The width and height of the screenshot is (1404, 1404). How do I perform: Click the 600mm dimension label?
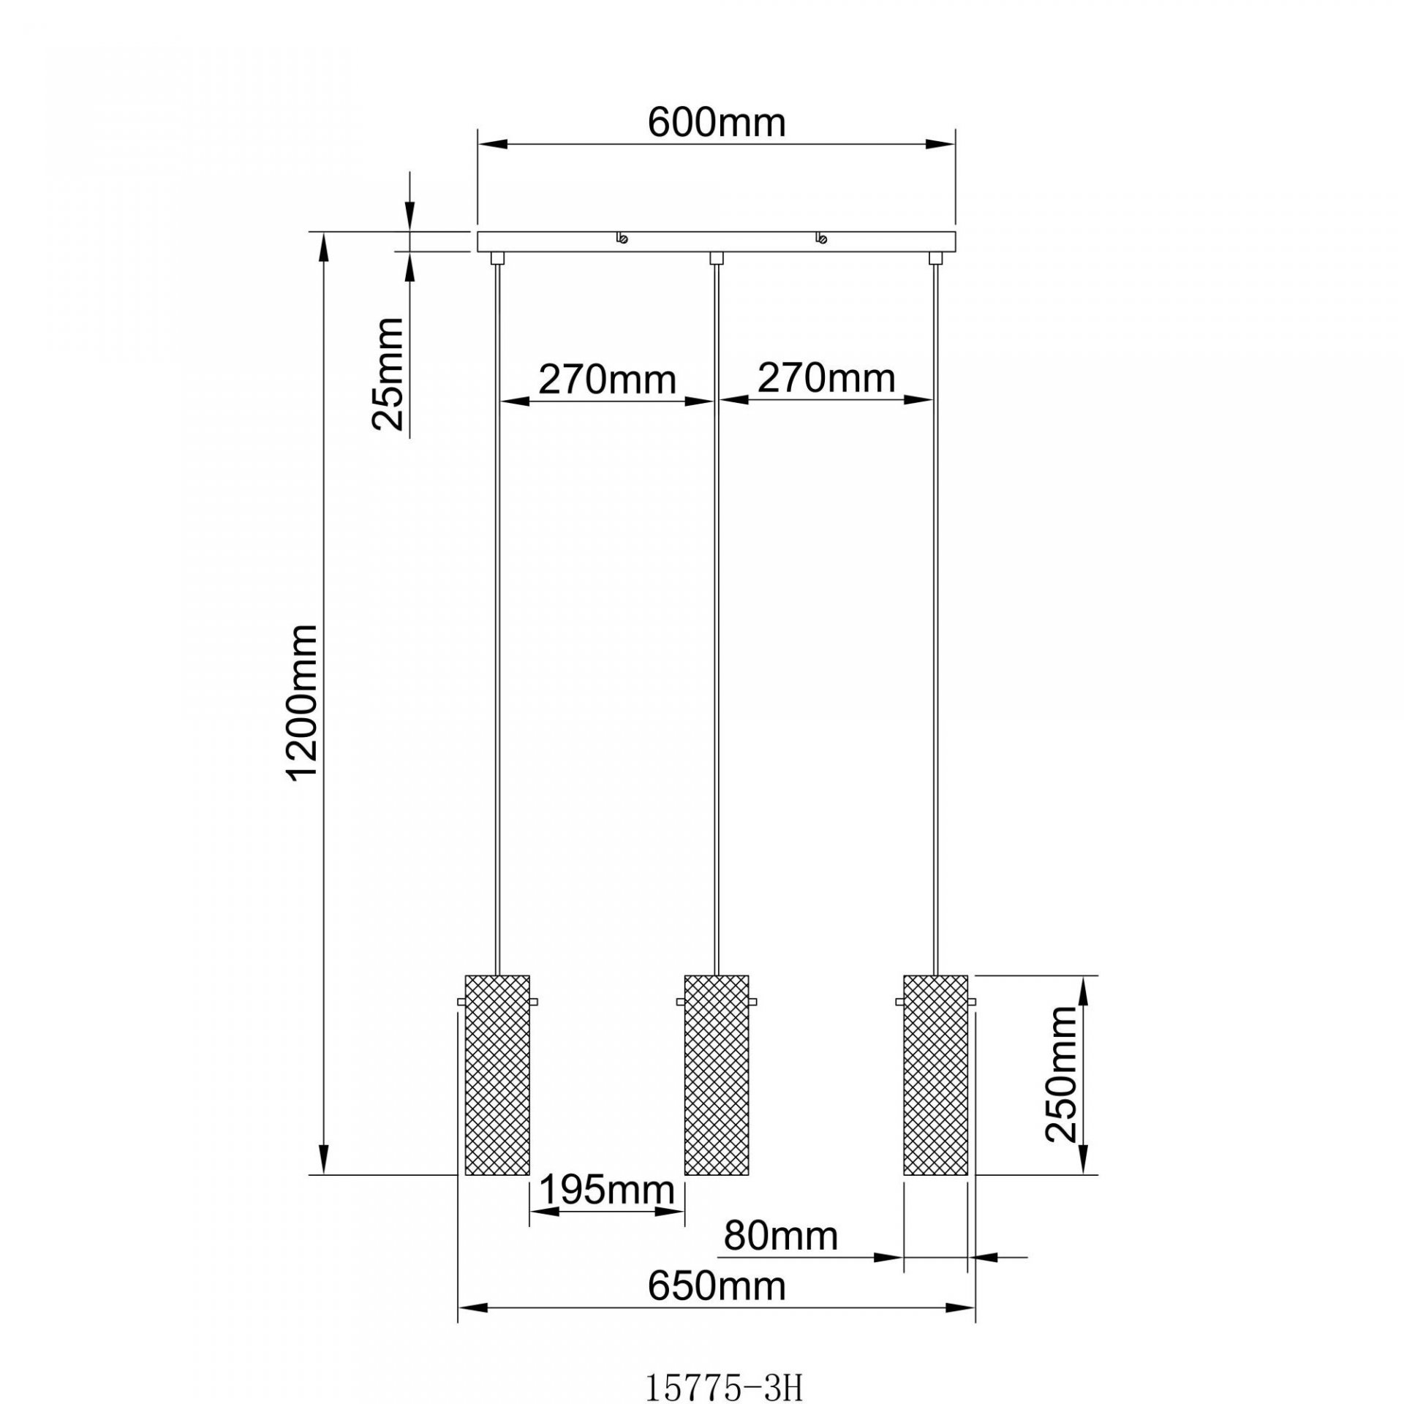(717, 124)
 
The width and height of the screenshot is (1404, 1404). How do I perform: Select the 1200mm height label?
(303, 703)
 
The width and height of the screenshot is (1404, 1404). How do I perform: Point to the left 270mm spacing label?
(607, 380)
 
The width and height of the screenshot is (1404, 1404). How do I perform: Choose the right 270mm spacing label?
(826, 379)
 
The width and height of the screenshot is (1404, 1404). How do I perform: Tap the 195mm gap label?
(607, 1190)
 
